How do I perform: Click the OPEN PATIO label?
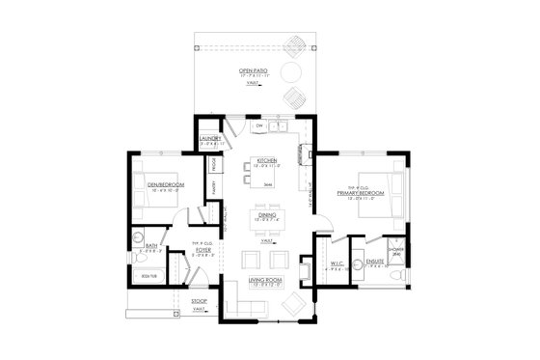pyautogui.click(x=253, y=70)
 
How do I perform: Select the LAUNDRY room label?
pyautogui.click(x=210, y=139)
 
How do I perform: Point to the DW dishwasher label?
pyautogui.click(x=259, y=126)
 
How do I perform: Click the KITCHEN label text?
pyautogui.click(x=266, y=160)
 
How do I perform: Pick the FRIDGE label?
pyautogui.click(x=212, y=166)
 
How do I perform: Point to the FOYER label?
pyautogui.click(x=203, y=249)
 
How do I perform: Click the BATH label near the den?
pyautogui.click(x=151, y=247)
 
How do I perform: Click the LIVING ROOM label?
pyautogui.click(x=264, y=280)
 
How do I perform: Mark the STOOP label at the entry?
pyautogui.click(x=200, y=301)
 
